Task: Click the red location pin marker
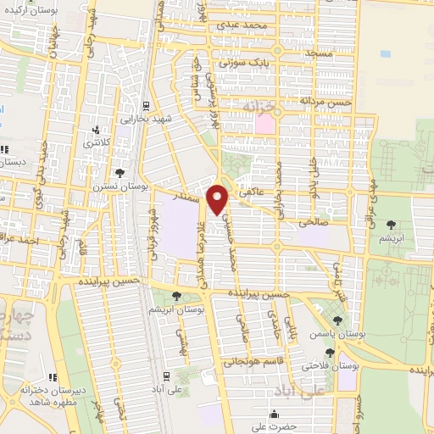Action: click(x=219, y=200)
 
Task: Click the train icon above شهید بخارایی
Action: click(x=147, y=106)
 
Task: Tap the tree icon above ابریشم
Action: click(x=392, y=225)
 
